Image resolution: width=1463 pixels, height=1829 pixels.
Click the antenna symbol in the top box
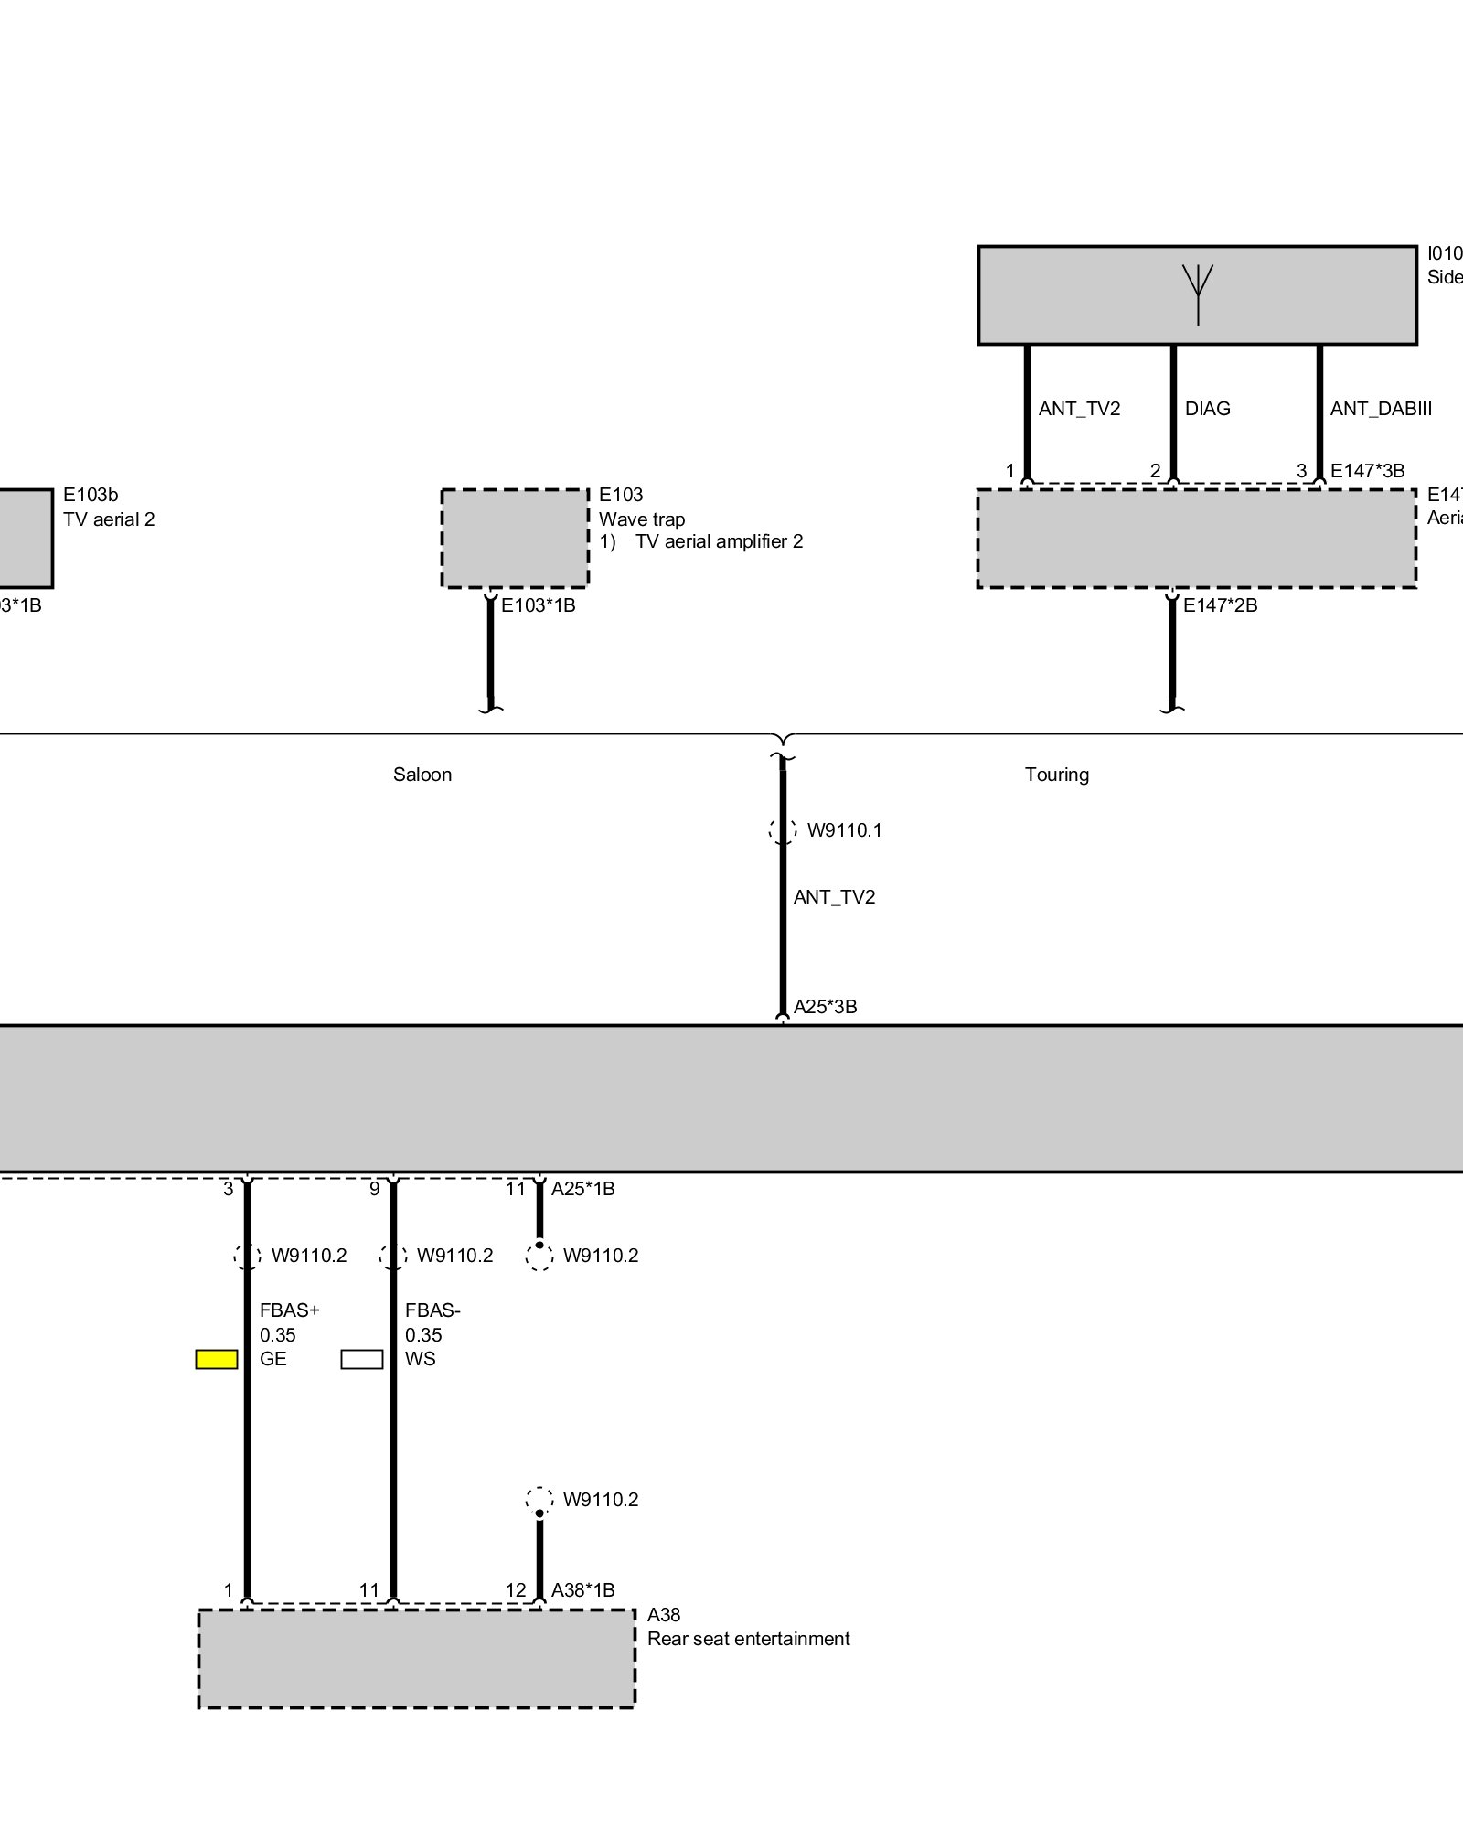pyautogui.click(x=1197, y=293)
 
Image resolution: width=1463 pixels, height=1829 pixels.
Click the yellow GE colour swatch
pyautogui.click(x=217, y=1359)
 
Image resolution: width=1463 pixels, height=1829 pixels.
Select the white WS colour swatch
pyautogui.click(x=362, y=1359)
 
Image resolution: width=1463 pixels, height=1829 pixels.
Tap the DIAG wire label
pyautogui.click(x=1207, y=409)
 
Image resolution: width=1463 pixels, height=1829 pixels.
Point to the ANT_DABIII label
pyautogui.click(x=1381, y=409)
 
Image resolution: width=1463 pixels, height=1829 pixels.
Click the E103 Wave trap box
pyautogui.click(x=515, y=539)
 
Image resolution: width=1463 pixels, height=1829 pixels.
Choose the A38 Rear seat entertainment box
pyautogui.click(x=417, y=1658)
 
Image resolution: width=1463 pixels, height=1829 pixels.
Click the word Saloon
pyautogui.click(x=422, y=775)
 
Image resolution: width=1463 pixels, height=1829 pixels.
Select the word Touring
pyautogui.click(x=1056, y=775)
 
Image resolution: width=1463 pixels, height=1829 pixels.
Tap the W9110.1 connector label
pyautogui.click(x=844, y=830)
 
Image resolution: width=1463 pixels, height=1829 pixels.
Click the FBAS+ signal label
pyautogui.click(x=290, y=1310)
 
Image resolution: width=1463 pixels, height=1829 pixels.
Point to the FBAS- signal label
pyautogui.click(x=432, y=1310)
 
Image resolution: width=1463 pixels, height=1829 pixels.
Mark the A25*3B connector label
pyautogui.click(x=825, y=1007)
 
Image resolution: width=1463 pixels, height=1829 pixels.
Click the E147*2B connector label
pyautogui.click(x=1220, y=605)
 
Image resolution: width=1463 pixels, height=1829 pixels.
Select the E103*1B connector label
pyautogui.click(x=538, y=605)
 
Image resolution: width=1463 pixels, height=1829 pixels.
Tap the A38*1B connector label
pyautogui.click(x=582, y=1590)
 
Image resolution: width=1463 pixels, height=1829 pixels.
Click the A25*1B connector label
pyautogui.click(x=582, y=1189)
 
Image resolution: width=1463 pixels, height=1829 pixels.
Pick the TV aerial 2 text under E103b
pyautogui.click(x=109, y=519)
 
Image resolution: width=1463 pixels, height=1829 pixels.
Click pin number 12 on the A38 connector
pyautogui.click(x=516, y=1590)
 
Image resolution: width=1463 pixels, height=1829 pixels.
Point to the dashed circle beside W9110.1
pyautogui.click(x=783, y=830)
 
